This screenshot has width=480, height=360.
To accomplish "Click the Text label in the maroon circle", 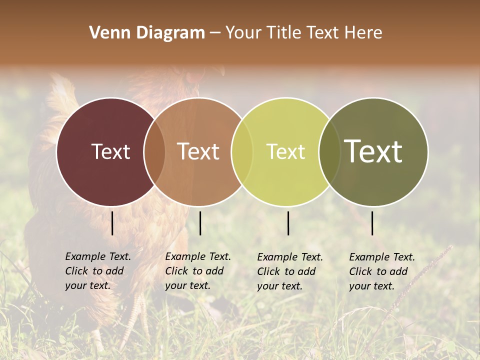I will [110, 151].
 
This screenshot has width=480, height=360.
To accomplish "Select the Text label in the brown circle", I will [198, 151].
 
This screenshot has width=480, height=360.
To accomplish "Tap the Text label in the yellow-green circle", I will [285, 151].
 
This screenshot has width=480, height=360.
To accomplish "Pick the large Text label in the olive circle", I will [373, 151].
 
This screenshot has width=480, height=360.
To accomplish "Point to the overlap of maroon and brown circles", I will [154, 151].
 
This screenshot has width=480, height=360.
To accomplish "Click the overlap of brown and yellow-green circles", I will [242, 151].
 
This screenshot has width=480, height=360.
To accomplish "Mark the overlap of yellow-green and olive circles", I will [329, 151].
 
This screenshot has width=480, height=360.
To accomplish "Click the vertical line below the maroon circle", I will [112, 223].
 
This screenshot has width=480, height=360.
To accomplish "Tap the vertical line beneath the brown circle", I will [200, 223].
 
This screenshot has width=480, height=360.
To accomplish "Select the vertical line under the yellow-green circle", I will [288, 223].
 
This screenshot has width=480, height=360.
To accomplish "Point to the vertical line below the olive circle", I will [372, 223].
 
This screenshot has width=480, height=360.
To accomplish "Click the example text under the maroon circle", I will [98, 271].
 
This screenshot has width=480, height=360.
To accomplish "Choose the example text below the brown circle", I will [198, 271].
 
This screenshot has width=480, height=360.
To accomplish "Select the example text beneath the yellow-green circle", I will [290, 271].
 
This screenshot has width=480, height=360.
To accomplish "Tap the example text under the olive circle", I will [382, 271].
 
